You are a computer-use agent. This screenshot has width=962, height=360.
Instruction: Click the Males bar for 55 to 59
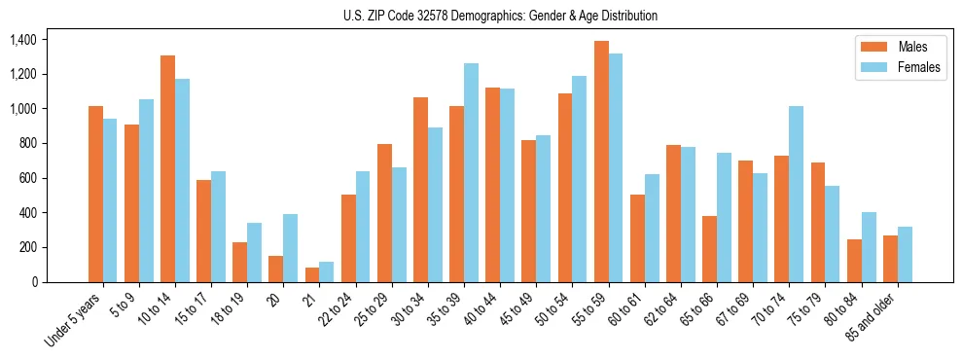601,162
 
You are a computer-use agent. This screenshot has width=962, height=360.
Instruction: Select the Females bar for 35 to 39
472,172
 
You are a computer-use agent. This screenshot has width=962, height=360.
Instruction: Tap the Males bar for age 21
312,274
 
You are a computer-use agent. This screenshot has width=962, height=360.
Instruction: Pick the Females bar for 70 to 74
797,194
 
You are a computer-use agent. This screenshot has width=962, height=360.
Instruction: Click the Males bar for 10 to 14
167,168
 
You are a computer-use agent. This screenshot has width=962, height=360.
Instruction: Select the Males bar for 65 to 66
710,249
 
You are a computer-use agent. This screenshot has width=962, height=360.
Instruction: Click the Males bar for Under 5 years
95,194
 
